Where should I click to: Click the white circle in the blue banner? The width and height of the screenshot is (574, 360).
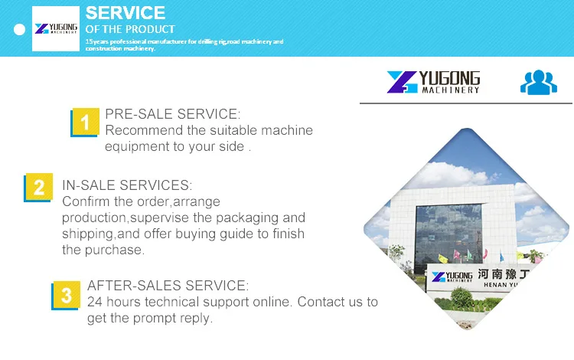coord(19,29)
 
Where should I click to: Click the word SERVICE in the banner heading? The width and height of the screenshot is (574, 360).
coord(126,13)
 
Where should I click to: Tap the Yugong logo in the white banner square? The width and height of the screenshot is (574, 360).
coord(56,28)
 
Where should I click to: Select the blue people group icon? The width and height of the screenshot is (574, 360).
coord(539,83)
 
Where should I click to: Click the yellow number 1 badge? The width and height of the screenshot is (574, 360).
coord(86,122)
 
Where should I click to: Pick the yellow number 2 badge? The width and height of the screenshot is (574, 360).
coord(39,186)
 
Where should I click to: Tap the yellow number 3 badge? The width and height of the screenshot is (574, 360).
coord(67,295)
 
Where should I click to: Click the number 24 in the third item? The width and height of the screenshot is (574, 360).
coord(95,302)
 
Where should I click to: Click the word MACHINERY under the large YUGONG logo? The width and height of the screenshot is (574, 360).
coord(451,90)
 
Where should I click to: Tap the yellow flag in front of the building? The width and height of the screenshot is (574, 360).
coord(443,259)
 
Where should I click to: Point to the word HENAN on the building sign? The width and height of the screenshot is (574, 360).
coord(496,285)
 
